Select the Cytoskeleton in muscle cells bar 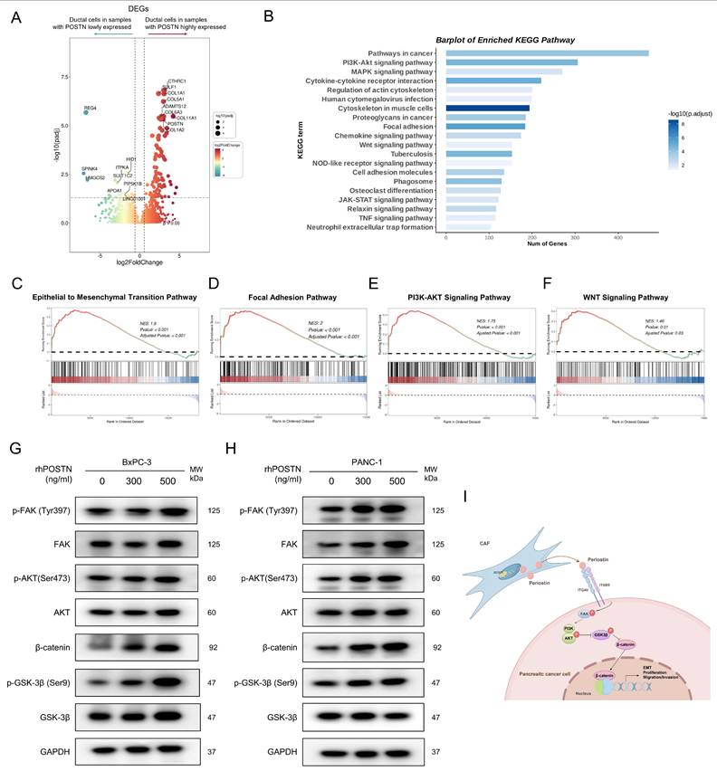(x=488, y=108)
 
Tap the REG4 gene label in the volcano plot (x=90, y=108)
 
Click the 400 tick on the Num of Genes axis (x=617, y=239)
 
